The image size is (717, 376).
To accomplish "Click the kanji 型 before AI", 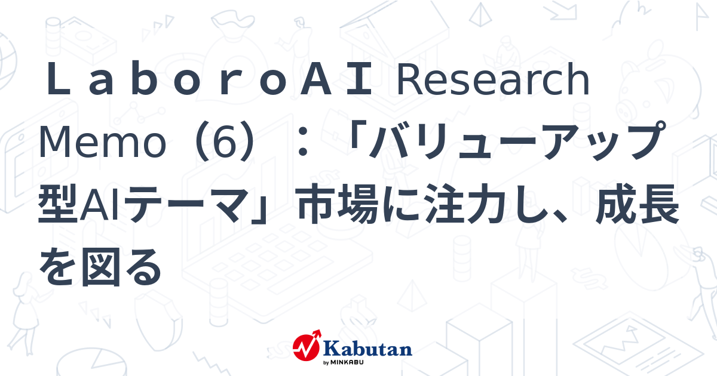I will [59, 205].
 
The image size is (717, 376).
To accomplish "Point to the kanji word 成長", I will [639, 205].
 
